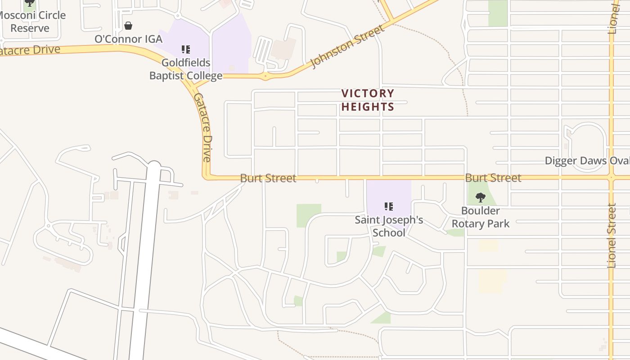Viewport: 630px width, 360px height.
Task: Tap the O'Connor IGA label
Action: coord(128,39)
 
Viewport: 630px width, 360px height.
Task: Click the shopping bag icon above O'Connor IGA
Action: coord(128,26)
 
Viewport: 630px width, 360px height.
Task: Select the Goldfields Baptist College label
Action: coord(186,69)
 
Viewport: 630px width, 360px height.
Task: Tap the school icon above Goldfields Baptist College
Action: coord(186,49)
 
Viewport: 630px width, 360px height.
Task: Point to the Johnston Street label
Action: coord(348,46)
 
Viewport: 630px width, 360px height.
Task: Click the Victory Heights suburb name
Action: coord(368,100)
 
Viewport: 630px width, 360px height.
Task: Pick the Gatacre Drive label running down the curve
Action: coord(202,127)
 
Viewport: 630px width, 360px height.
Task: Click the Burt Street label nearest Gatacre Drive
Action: coord(268,178)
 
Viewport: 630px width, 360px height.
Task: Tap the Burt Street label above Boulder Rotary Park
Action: coord(493,178)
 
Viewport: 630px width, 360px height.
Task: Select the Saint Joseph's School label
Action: coord(389,226)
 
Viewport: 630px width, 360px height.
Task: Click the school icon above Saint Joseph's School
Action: coord(389,207)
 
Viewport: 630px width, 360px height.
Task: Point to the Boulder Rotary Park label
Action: coord(481,217)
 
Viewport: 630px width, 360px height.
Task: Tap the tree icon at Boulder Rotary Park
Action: coord(481,197)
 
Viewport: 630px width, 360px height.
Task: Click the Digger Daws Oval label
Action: coord(587,161)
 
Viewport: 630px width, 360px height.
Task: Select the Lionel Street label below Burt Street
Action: coord(612,235)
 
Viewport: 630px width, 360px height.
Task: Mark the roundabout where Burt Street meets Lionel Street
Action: coord(611,177)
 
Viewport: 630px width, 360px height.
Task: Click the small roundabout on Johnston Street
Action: coord(265,76)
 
